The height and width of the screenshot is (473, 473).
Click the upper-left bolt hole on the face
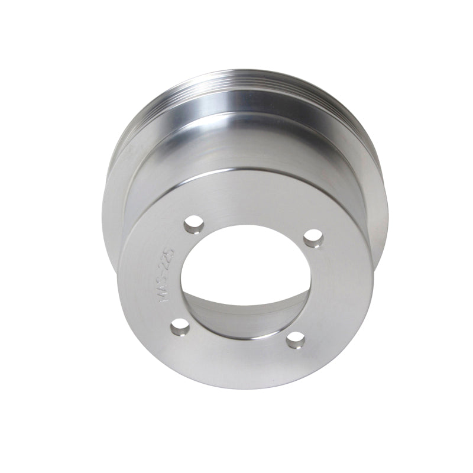coord(192,225)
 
